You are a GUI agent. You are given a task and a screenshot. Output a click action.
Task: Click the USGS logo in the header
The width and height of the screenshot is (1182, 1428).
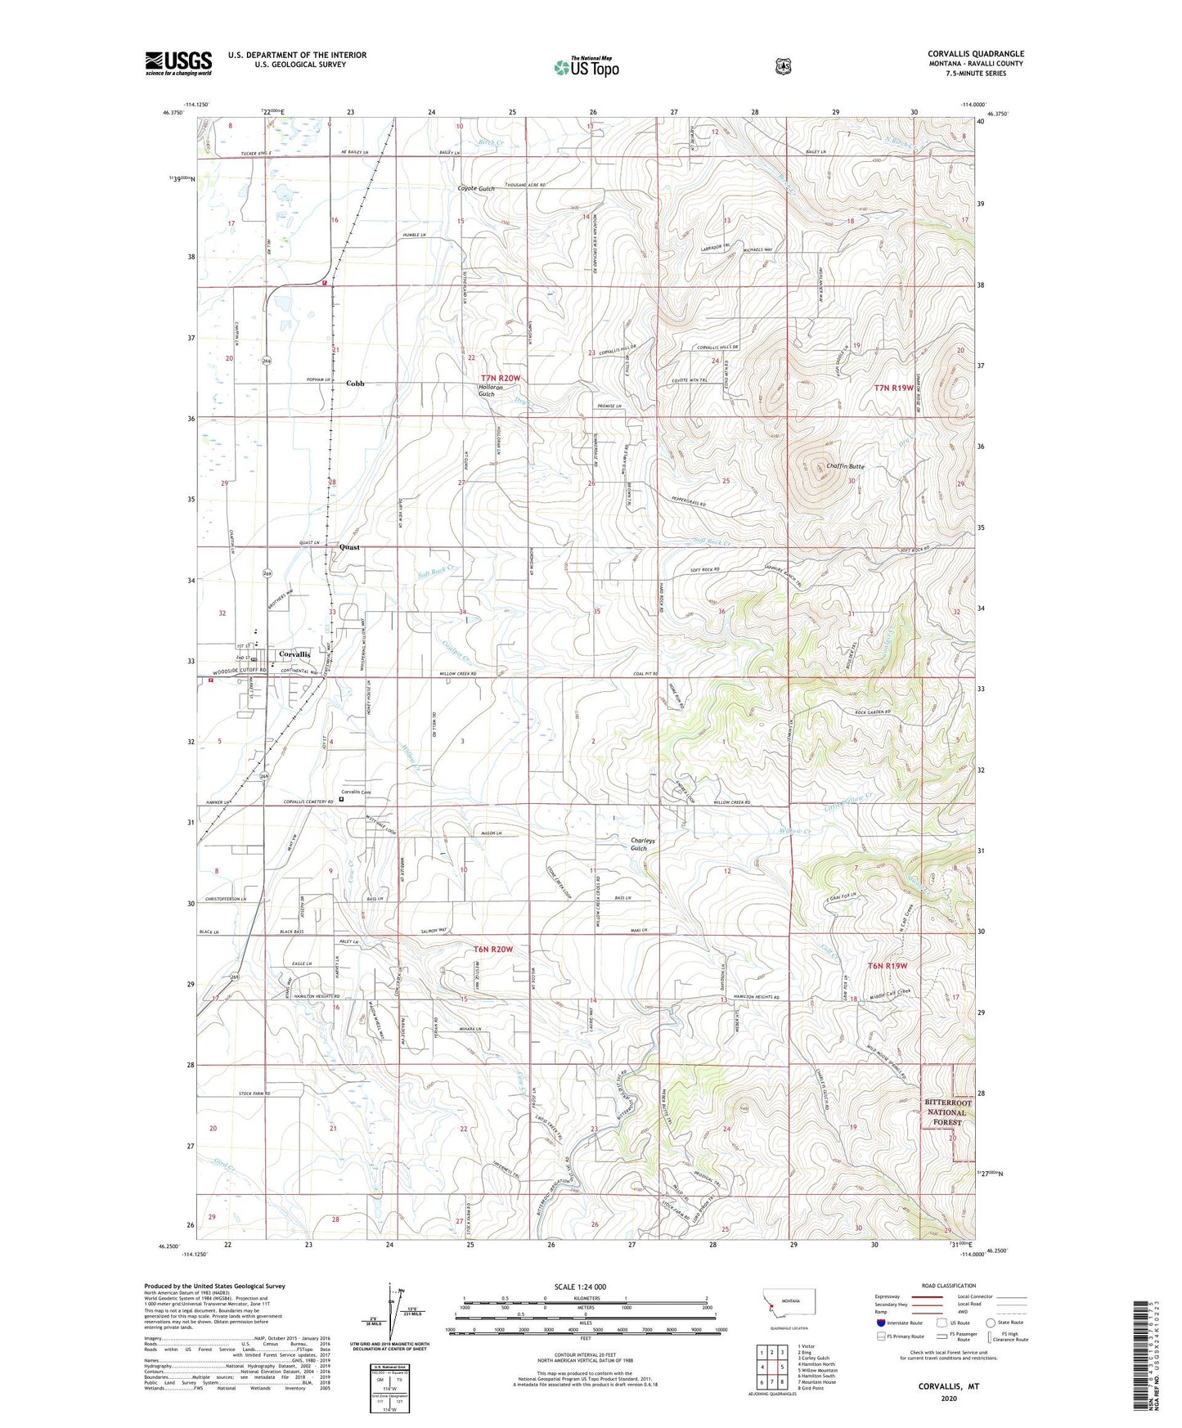pos(178,63)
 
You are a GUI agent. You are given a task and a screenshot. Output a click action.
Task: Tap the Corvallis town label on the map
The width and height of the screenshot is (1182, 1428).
pos(294,654)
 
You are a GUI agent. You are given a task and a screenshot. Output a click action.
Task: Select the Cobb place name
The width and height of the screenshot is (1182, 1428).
pos(355,383)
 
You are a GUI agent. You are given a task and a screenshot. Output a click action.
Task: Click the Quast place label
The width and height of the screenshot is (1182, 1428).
pos(349,547)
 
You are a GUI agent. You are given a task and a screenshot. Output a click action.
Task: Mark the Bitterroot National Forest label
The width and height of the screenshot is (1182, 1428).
pos(946,1112)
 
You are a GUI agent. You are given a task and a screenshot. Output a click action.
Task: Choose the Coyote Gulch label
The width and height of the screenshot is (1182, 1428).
pos(475,189)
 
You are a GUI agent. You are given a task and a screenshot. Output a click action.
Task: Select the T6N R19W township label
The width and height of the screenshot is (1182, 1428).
pos(888,966)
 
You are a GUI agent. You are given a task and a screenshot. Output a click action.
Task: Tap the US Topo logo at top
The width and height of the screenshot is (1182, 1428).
pos(586,67)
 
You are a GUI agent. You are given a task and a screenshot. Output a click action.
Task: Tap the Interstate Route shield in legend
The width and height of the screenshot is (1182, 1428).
pos(880,1322)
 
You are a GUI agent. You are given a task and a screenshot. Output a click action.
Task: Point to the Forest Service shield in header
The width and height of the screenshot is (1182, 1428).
pos(783,66)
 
